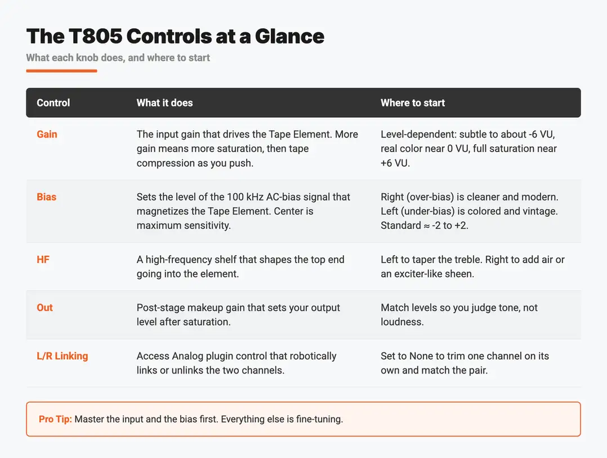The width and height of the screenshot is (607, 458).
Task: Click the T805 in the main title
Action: point(96,37)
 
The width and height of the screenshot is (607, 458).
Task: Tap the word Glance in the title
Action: point(289,37)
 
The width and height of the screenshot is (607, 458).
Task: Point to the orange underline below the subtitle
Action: point(61,71)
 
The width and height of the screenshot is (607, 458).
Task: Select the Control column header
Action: point(53,103)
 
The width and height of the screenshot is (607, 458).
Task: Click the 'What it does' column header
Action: point(164,103)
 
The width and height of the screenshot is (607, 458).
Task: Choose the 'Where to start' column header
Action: point(413,103)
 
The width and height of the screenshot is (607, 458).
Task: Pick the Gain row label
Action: point(47,134)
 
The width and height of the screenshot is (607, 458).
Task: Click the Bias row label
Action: point(46,197)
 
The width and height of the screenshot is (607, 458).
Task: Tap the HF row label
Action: point(43,259)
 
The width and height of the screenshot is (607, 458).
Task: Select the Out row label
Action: point(44,308)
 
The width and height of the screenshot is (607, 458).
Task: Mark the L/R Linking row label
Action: point(63,356)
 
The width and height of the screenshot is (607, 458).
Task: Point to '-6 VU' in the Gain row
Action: point(542,134)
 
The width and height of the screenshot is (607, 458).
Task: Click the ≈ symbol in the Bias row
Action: point(426,226)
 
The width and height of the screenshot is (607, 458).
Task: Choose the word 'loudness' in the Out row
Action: point(401,322)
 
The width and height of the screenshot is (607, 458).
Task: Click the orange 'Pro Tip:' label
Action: point(55,419)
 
